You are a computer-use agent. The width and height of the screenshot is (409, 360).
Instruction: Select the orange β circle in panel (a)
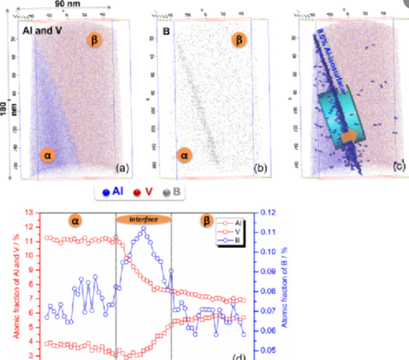95,40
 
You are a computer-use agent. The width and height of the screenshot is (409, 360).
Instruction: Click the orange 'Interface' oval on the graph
143,219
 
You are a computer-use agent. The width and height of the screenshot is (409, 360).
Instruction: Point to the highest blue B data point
143,229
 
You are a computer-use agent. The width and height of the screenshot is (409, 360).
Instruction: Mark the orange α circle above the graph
74,220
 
